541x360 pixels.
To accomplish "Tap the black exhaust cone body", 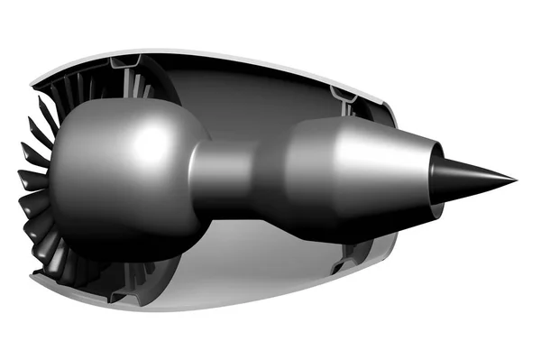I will coord(469,176).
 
